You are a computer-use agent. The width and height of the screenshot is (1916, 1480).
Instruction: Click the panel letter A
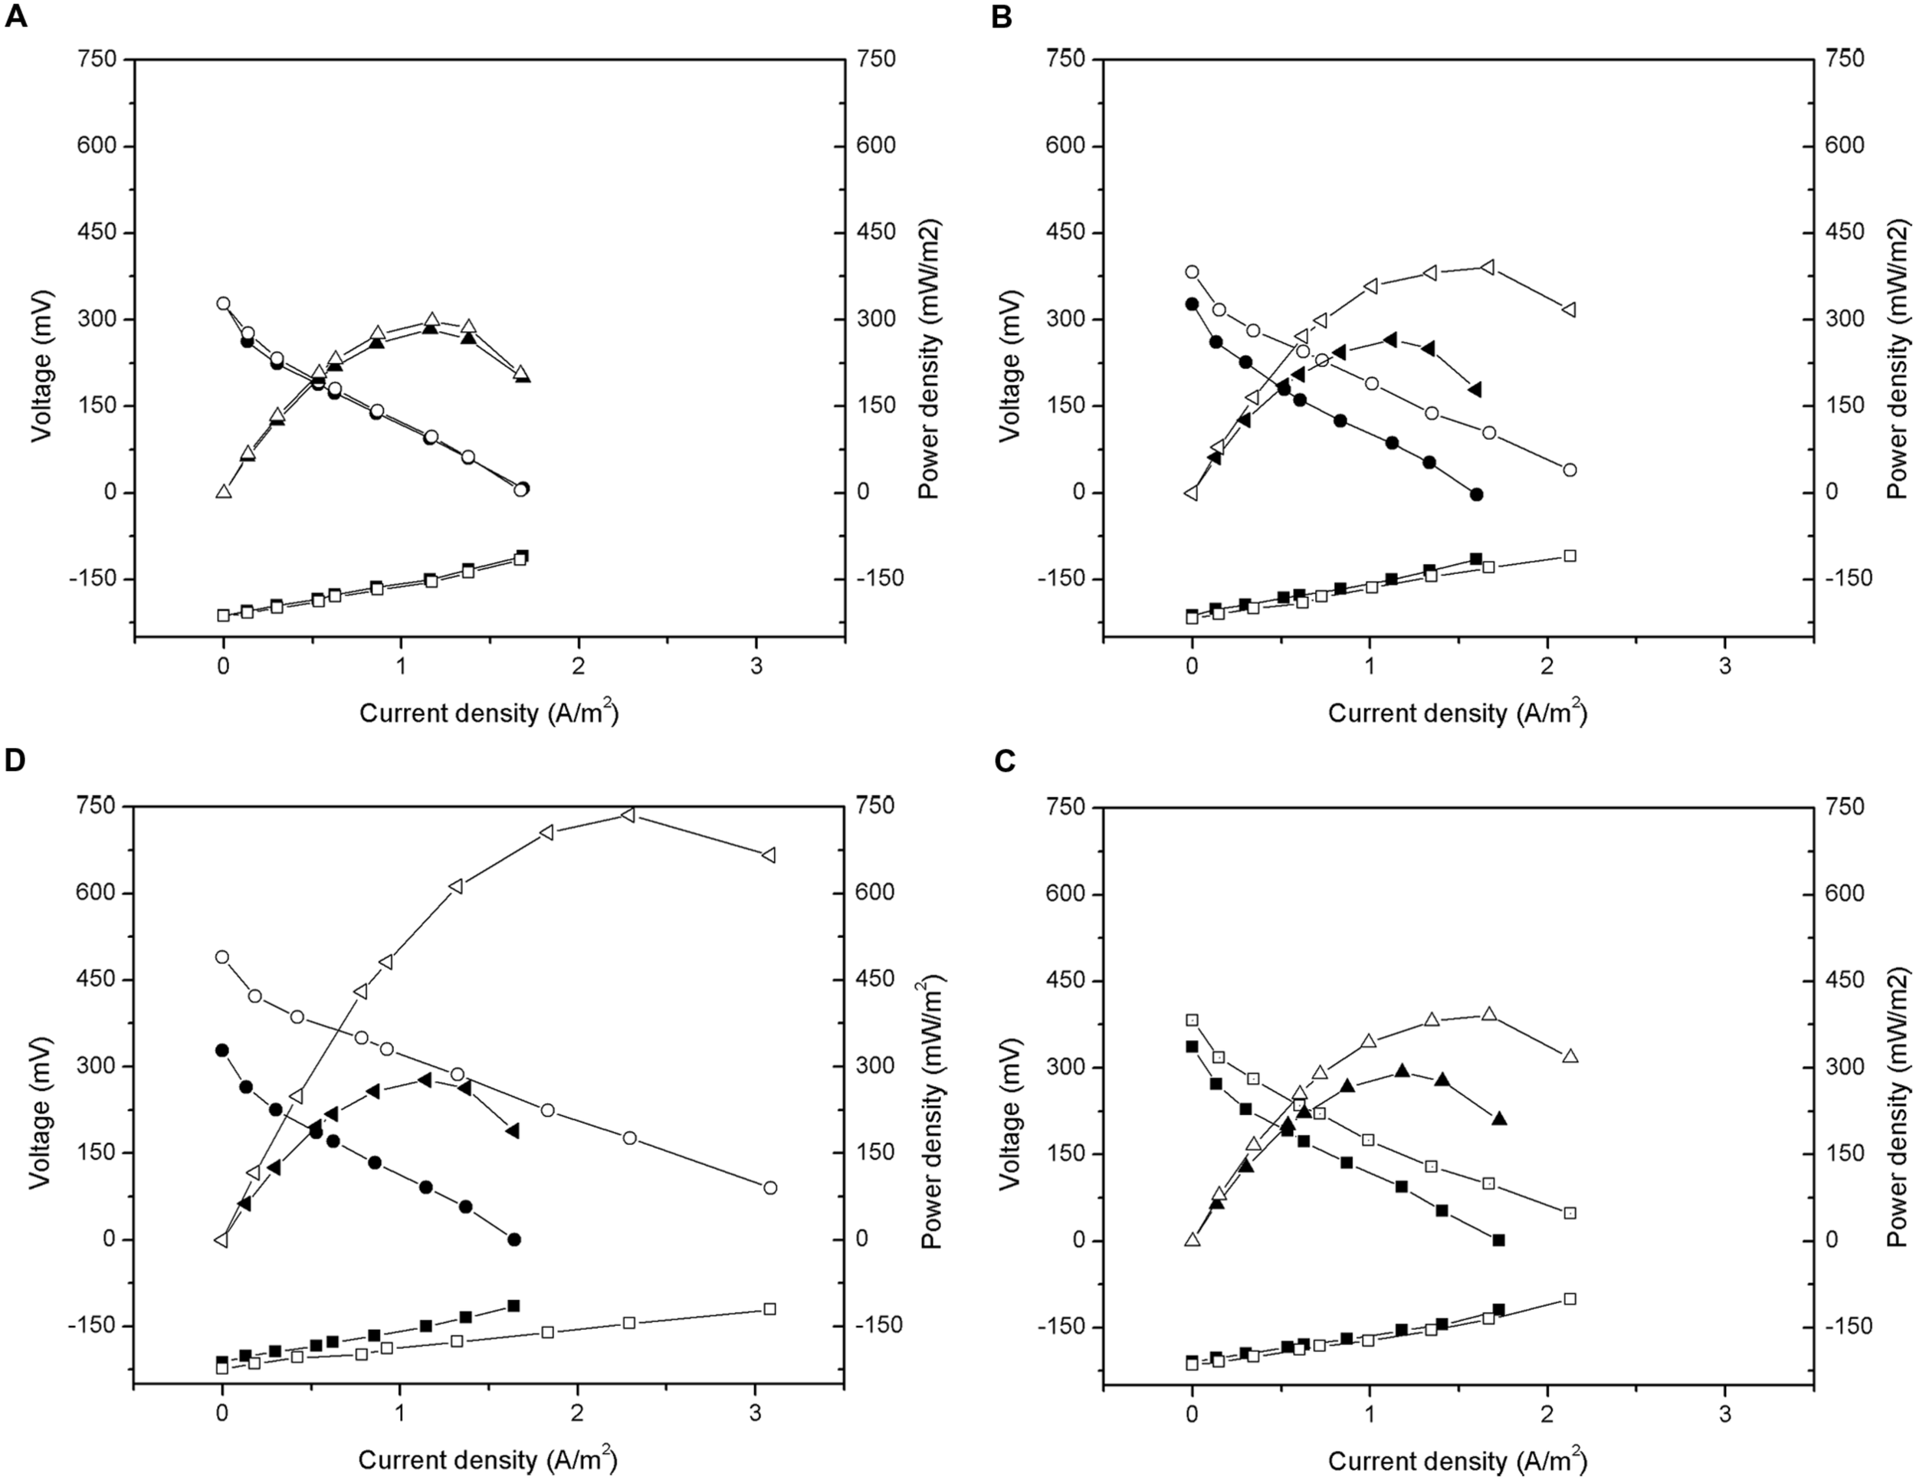16,17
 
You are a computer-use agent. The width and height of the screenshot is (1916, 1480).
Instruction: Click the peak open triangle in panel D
628,815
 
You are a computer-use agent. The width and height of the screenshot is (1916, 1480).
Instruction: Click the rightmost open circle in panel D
770,1188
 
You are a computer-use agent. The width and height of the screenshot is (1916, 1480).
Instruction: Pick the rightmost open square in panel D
770,1334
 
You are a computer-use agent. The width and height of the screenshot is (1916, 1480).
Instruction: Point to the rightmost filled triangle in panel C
1499,1118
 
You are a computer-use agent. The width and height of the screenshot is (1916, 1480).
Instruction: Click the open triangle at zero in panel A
223,492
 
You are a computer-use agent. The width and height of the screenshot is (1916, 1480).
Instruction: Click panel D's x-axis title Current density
487,1461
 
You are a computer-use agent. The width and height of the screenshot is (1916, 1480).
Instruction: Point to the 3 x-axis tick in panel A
756,666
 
